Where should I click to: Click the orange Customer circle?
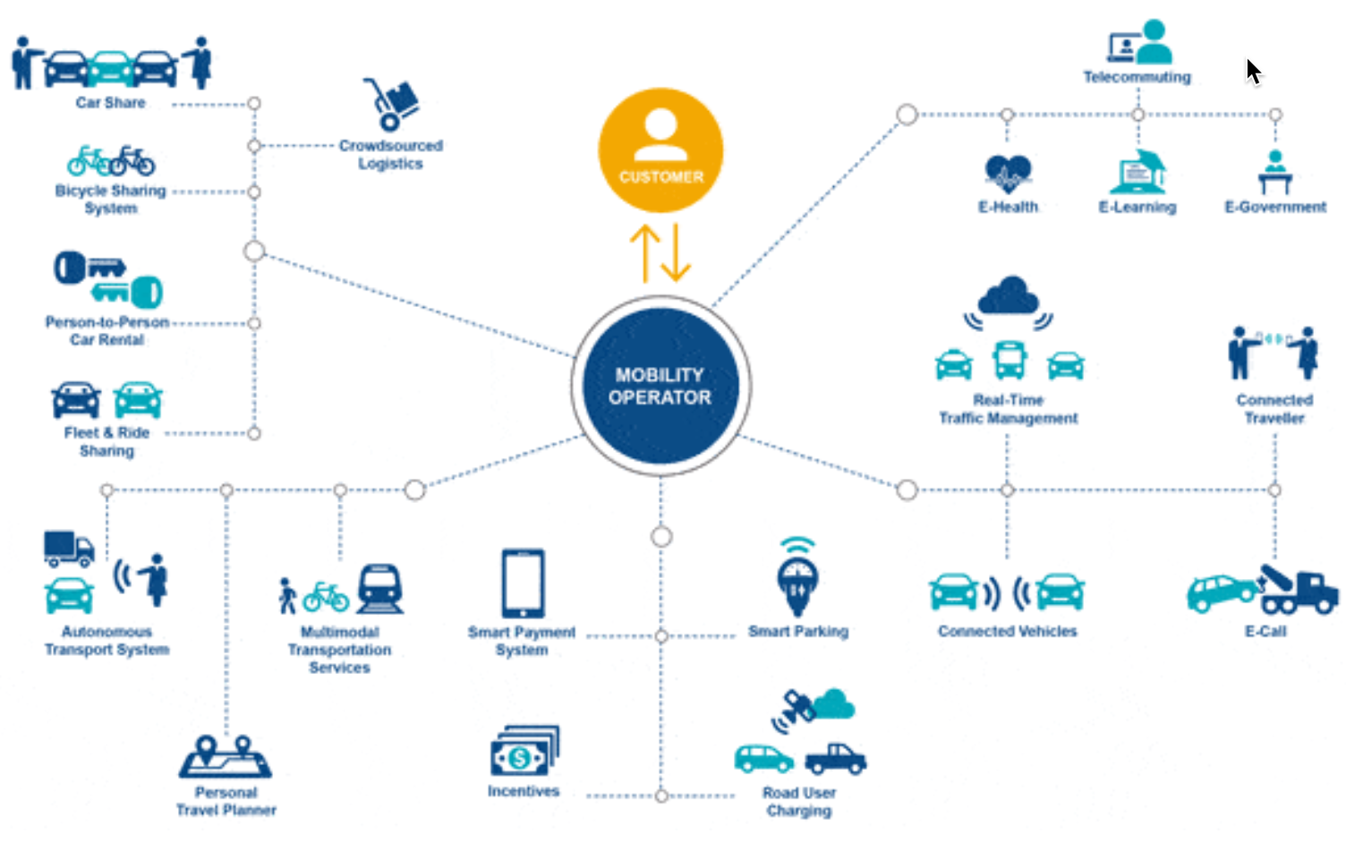660,149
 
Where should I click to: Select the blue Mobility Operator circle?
660,386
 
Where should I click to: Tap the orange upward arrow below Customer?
644,252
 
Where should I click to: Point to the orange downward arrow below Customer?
676,252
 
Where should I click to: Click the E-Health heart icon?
1008,173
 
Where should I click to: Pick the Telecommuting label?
1137,77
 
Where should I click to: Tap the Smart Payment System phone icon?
523,583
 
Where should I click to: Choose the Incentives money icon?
524,752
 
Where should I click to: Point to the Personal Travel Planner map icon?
226,757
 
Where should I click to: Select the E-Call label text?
1265,632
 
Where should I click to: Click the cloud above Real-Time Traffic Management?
1009,295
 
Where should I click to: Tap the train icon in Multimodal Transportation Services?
380,588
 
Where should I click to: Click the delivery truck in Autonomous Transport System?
69,548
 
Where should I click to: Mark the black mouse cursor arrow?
1253,71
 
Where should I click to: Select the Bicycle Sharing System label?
110,200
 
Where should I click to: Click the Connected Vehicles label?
1007,632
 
